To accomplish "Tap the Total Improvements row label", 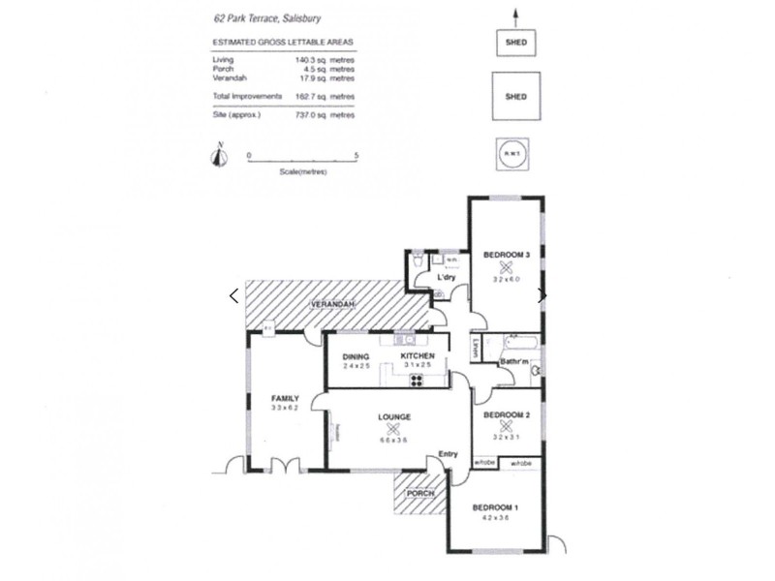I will [x=247, y=96].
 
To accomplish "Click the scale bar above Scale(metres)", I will [x=303, y=161].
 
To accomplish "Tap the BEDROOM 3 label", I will [x=506, y=255].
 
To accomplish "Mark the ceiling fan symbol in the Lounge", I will [x=392, y=431].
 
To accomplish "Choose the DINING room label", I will [x=356, y=357].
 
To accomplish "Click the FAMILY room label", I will [x=285, y=398].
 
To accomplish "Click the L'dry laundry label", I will [x=446, y=278].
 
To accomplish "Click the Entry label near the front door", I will [x=447, y=455].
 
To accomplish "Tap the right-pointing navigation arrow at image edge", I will [x=542, y=295].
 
